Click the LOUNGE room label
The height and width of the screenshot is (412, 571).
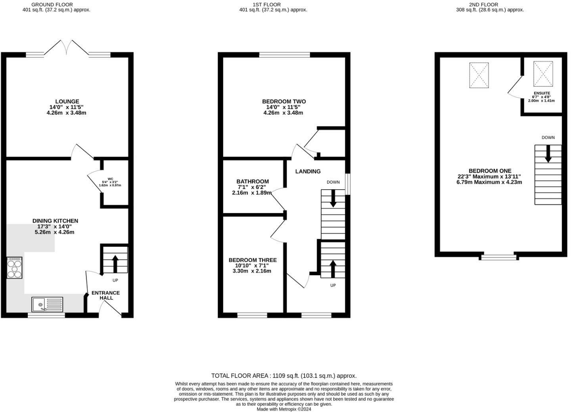tap(67, 101)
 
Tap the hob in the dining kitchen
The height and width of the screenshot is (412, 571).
tap(14, 268)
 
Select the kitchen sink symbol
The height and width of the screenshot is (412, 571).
tap(47, 305)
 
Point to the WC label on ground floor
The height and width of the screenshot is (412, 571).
tap(110, 179)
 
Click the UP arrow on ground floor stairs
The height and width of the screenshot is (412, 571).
tap(115, 263)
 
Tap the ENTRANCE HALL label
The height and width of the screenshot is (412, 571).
tap(105, 295)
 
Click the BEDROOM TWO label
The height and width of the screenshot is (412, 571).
tap(284, 101)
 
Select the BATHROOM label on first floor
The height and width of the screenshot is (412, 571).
tap(253, 181)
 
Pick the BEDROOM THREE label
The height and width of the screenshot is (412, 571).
tap(253, 260)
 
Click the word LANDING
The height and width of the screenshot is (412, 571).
tap(308, 172)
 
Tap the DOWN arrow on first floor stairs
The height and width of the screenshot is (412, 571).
tap(333, 198)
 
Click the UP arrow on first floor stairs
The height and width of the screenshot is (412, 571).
tap(333, 268)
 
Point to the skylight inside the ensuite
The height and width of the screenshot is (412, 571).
tap(543, 74)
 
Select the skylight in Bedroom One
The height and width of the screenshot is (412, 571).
tap(479, 75)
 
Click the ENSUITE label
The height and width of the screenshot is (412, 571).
tap(542, 93)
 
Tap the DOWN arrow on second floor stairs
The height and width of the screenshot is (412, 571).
tap(548, 153)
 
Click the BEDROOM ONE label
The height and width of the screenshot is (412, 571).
tap(490, 171)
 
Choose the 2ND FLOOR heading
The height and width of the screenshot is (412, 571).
tap(490, 5)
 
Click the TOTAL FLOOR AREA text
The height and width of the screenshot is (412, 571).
tap(284, 376)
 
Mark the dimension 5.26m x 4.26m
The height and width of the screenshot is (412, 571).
tap(55, 232)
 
